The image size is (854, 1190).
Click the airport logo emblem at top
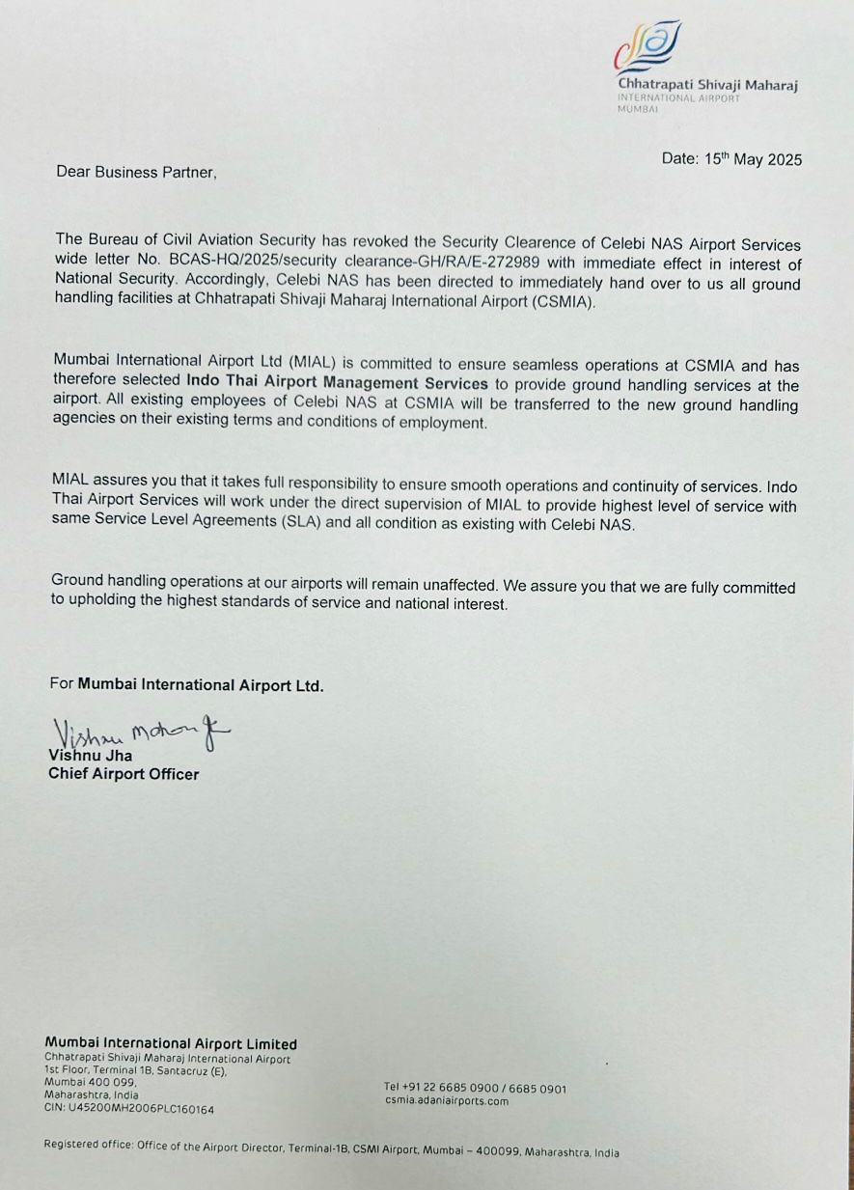647,47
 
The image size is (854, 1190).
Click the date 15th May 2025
731,159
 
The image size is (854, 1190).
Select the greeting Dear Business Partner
136,172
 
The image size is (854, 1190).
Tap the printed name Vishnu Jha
91,756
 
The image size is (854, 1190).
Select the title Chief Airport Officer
124,774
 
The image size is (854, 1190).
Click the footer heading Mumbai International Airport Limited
171,1043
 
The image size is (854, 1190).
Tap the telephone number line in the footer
476,1089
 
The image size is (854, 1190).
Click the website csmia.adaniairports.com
446,1100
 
